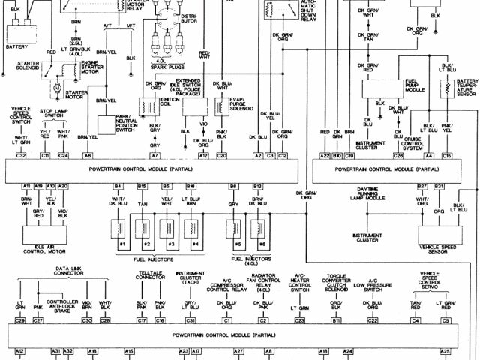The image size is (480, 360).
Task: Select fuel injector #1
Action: (x=119, y=228)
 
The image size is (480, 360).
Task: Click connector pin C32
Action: (x=21, y=155)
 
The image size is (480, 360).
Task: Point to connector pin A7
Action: (x=155, y=155)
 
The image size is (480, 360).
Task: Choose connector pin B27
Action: (x=422, y=185)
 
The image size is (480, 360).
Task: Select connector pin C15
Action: (x=447, y=155)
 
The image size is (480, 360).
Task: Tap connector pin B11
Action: (x=337, y=320)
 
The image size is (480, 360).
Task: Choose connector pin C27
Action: (x=37, y=320)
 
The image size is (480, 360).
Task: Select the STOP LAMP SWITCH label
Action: (x=55, y=113)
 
